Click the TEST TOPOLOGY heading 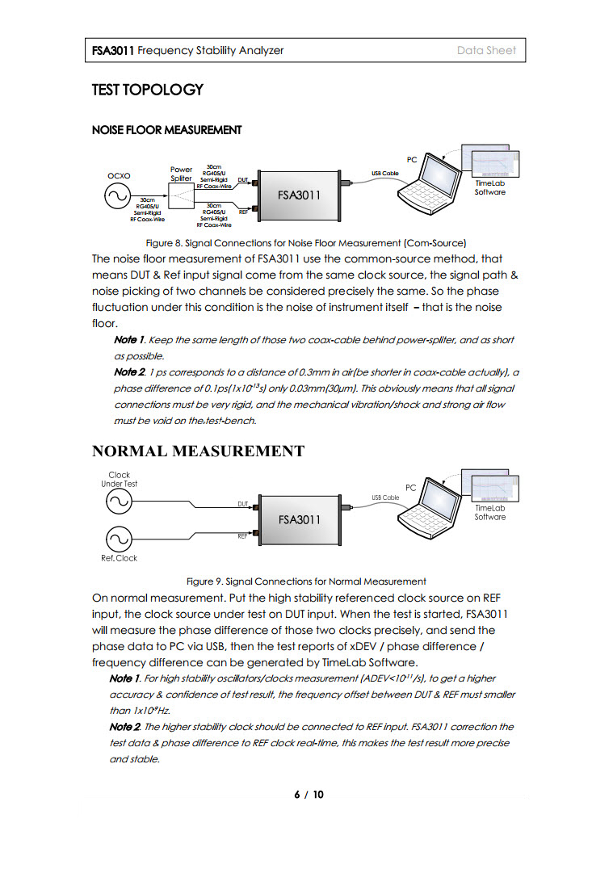[x=147, y=90]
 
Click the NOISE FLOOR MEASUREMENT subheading [x=166, y=130]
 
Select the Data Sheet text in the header [x=486, y=50]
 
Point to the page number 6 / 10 [x=309, y=795]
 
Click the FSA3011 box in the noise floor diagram [x=299, y=195]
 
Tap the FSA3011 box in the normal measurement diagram [x=299, y=518]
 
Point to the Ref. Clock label [x=119, y=558]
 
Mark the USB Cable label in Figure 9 [x=385, y=497]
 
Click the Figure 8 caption [x=306, y=242]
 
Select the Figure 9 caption [x=306, y=581]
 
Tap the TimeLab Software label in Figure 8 [x=489, y=188]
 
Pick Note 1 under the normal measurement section [x=125, y=678]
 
